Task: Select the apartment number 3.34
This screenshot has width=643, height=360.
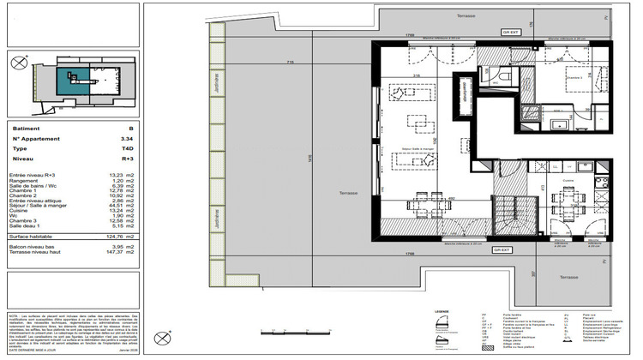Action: point(127,138)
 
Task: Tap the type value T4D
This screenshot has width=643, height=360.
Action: point(127,147)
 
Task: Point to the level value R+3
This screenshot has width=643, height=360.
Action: point(127,159)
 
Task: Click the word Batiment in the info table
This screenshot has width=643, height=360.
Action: point(26,128)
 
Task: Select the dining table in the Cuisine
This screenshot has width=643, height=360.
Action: point(568,204)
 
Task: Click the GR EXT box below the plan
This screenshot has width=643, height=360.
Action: point(502,249)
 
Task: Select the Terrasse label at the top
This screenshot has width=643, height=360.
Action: point(466,16)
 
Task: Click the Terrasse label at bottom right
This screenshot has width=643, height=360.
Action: point(563,278)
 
